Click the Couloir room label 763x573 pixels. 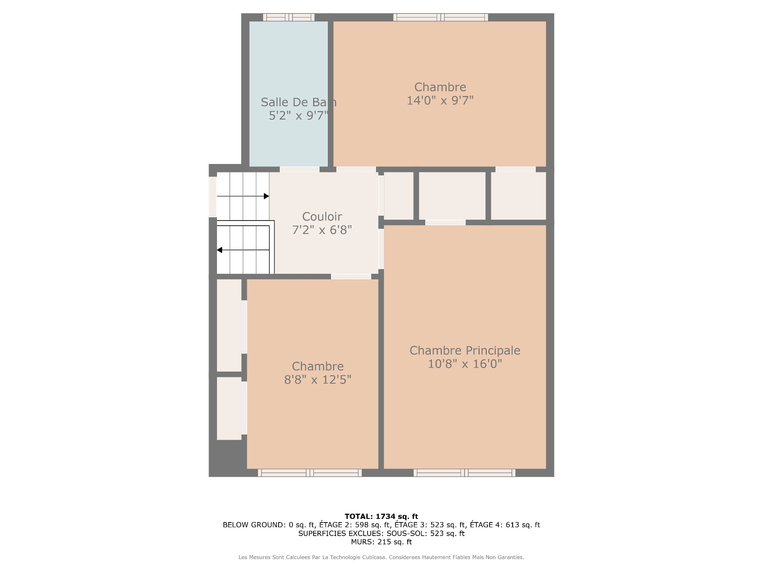[x=322, y=216]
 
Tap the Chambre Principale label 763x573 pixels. [x=465, y=351]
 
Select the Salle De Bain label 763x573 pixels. [x=298, y=102]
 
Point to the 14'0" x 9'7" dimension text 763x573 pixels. [x=440, y=100]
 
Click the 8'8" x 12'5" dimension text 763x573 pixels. [x=318, y=380]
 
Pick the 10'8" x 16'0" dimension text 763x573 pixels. [x=465, y=364]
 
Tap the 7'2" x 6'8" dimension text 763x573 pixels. [x=322, y=230]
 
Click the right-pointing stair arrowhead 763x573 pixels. [x=267, y=196]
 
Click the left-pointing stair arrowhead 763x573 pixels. [x=219, y=250]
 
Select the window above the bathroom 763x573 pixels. [x=289, y=17]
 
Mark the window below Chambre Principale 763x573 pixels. [x=465, y=473]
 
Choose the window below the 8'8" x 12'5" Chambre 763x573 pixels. [x=310, y=473]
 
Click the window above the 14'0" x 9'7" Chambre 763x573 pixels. [x=441, y=17]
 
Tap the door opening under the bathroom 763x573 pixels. [x=300, y=170]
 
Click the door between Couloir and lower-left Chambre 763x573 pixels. [x=351, y=277]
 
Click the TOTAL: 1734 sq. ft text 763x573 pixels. [x=381, y=516]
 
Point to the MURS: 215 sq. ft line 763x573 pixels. [x=381, y=542]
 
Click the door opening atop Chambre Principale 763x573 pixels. [x=445, y=222]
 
